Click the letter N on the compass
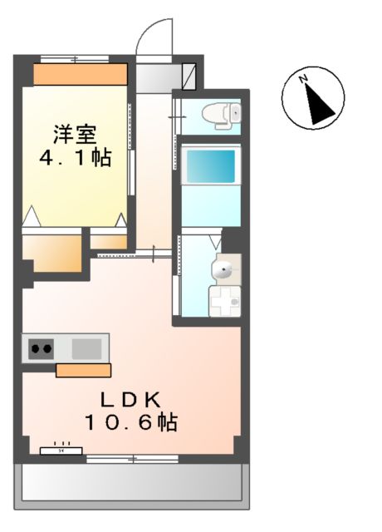[x=305, y=80]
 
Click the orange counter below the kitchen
[x=83, y=370]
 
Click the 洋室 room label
[x=76, y=134]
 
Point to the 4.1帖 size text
[x=76, y=158]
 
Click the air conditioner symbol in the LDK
[x=61, y=451]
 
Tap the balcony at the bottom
[x=133, y=482]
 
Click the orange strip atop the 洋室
[x=80, y=74]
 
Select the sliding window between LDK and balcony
[x=133, y=459]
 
